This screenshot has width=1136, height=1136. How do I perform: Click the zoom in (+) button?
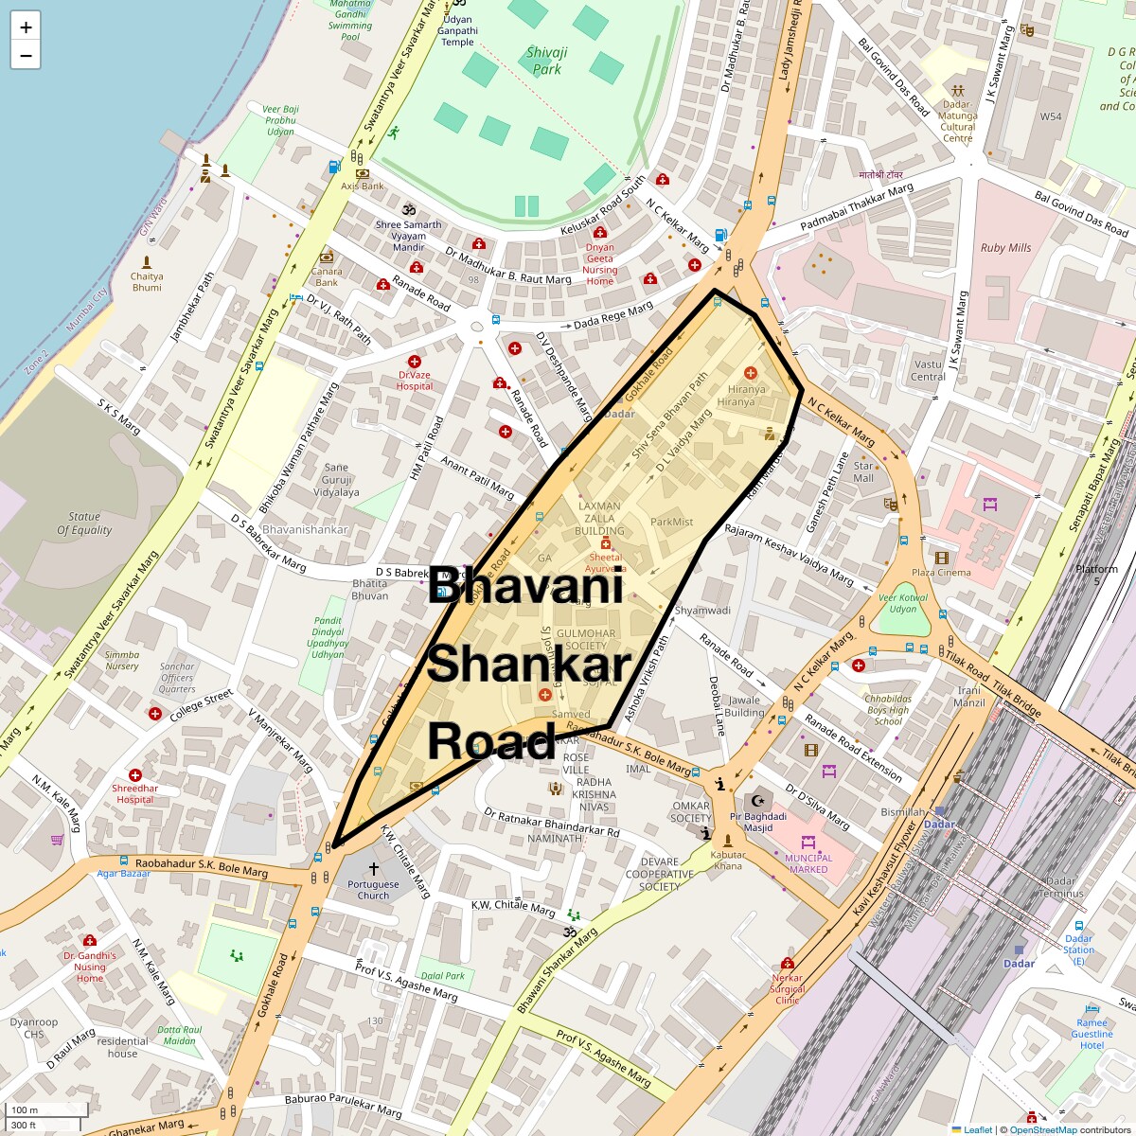(26, 27)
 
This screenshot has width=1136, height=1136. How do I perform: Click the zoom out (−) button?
(26, 56)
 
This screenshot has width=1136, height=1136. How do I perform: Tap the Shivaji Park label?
(547, 61)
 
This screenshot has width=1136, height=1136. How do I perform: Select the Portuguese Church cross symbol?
(374, 868)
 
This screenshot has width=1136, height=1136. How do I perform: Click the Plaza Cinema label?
(941, 572)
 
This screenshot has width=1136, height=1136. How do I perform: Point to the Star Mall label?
(863, 471)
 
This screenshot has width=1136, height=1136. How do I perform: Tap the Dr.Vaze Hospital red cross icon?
(414, 362)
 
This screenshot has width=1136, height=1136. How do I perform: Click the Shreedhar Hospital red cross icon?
(135, 775)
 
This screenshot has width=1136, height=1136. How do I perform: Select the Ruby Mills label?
(1005, 248)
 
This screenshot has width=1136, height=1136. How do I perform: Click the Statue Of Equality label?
(84, 524)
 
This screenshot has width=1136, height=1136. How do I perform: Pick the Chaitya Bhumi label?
(147, 281)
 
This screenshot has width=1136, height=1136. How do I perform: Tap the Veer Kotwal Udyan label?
(902, 603)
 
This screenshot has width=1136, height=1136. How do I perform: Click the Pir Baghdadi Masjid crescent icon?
(757, 801)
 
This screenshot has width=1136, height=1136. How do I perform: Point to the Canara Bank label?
(327, 276)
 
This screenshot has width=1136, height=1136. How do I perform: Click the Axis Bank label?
(363, 186)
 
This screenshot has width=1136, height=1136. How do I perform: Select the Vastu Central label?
(929, 370)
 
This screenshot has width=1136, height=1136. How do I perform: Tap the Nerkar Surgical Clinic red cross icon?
(788, 963)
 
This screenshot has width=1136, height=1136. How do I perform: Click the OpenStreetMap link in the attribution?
(1042, 1129)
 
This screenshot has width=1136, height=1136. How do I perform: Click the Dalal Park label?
(443, 975)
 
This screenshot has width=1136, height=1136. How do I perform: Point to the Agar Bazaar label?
(123, 874)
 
